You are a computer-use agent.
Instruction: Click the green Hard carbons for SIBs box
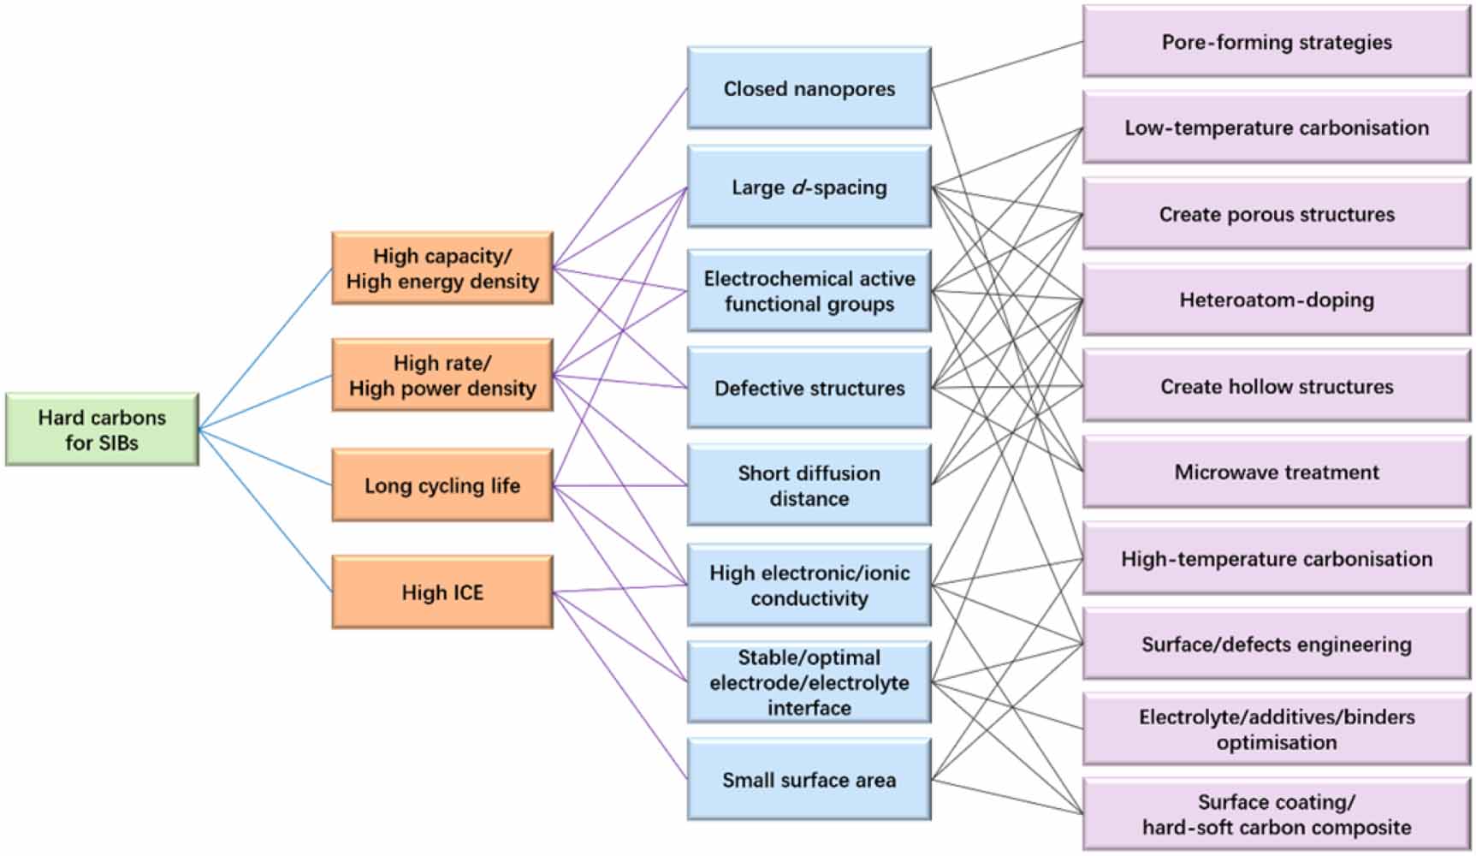(x=102, y=430)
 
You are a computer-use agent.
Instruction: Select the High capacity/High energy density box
(x=442, y=268)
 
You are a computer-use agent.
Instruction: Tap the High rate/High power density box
(x=442, y=375)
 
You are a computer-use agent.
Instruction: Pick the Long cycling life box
(x=442, y=485)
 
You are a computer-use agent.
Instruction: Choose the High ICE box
(x=442, y=592)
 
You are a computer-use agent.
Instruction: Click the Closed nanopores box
(x=809, y=88)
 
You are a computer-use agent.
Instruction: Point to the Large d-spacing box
(x=809, y=187)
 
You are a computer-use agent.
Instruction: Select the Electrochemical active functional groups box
(x=809, y=291)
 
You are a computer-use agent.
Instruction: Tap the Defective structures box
(x=809, y=388)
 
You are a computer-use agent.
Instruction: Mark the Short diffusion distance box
(x=809, y=485)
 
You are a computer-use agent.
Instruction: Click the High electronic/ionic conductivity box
(x=809, y=586)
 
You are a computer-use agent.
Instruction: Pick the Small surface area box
(x=809, y=780)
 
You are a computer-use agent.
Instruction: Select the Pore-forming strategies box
(x=1276, y=42)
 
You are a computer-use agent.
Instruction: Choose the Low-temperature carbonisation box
(x=1276, y=128)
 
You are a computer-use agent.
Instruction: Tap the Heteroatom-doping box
(x=1276, y=300)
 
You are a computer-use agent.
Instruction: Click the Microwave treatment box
(x=1276, y=472)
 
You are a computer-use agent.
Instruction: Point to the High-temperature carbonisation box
(x=1276, y=559)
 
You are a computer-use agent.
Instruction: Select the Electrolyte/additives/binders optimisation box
(x=1276, y=729)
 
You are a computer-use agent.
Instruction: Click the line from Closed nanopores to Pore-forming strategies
(x=1007, y=64)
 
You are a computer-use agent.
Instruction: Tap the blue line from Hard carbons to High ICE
(x=265, y=511)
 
